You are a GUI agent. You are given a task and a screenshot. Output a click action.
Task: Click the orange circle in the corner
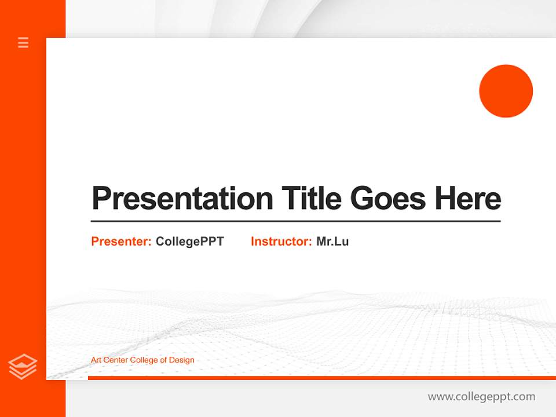[506, 91]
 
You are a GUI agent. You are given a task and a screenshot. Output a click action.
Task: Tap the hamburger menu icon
[23, 42]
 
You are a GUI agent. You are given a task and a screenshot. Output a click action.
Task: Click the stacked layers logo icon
[23, 367]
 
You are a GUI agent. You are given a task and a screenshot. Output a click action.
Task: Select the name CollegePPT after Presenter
[189, 242]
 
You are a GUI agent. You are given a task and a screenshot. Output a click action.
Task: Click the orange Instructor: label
[281, 242]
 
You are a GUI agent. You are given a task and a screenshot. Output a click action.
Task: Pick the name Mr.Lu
[332, 242]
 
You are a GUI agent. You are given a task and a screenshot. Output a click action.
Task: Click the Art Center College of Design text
[142, 360]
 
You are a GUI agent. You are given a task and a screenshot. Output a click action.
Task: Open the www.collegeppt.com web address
[481, 397]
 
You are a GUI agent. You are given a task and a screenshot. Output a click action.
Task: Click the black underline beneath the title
[295, 221]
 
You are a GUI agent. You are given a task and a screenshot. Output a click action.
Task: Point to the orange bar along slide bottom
[319, 378]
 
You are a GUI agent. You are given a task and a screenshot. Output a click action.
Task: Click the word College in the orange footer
[144, 360]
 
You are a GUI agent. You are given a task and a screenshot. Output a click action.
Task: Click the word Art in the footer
[96, 360]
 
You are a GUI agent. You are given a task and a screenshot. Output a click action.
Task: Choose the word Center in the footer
[116, 360]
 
